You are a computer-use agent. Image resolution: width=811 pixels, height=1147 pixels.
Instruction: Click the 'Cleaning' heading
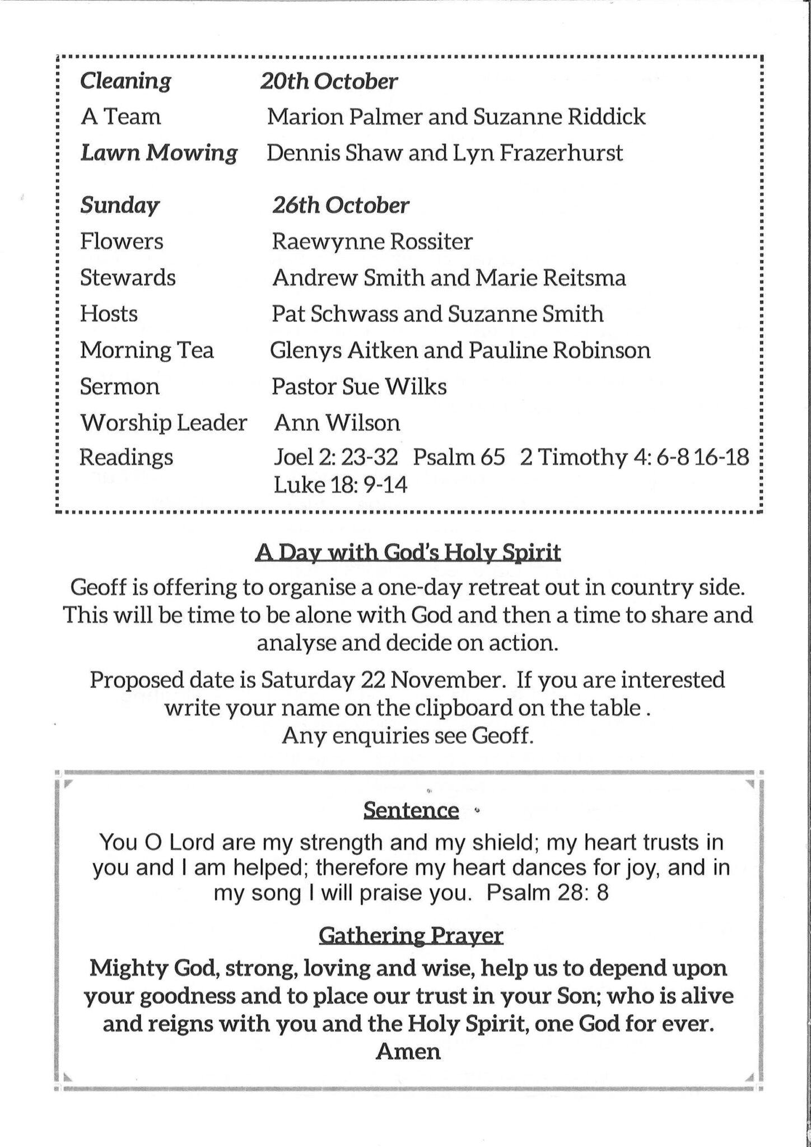pos(125,82)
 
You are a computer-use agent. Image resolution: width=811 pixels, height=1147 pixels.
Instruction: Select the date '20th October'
pos(329,82)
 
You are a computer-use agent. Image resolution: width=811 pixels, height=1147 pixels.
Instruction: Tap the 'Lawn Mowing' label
pos(159,153)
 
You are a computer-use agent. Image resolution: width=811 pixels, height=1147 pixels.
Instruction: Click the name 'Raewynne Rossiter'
pos(372,242)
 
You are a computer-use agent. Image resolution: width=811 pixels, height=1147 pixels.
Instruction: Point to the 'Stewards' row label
pos(128,278)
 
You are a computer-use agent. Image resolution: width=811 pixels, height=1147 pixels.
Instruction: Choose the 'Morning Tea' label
pos(147,351)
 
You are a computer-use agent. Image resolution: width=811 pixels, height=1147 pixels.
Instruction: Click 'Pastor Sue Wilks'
pos(359,386)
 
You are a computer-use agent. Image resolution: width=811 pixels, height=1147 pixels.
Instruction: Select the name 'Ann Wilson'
pos(337,423)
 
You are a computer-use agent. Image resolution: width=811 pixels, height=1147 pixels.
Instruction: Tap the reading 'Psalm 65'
pos(459,458)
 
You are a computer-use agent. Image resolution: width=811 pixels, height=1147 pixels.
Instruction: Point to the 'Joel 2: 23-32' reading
pos(335,458)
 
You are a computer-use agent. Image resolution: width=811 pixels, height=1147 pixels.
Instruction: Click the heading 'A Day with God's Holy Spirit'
pos(408,553)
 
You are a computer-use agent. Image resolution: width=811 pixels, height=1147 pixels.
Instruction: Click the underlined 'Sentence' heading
pos(411,810)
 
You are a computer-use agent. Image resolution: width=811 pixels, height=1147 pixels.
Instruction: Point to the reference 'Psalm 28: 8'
pos(547,892)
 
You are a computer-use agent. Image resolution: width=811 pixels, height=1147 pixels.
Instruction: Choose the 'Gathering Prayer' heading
pos(411,936)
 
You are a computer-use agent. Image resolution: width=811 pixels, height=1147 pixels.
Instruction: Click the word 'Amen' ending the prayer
pos(408,1051)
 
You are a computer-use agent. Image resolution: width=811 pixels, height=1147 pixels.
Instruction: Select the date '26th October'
pos(341,206)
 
